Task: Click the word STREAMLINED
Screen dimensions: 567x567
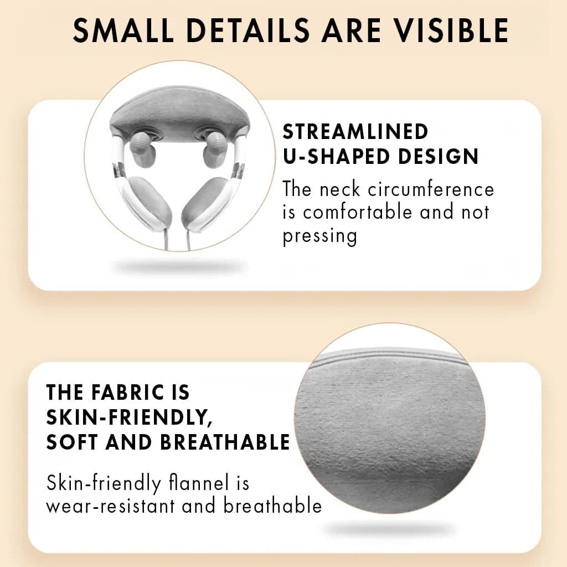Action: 355,131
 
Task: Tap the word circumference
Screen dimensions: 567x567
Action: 431,189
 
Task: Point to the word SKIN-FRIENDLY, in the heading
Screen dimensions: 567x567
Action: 129,418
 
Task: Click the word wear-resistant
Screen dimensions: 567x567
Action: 111,505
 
